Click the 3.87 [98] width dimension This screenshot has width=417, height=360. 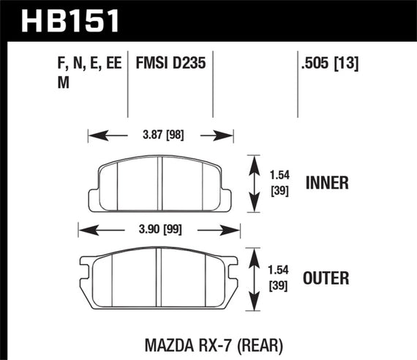coord(160,135)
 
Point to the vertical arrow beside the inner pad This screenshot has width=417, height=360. coord(254,183)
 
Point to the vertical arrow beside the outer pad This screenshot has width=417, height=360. coord(254,279)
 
